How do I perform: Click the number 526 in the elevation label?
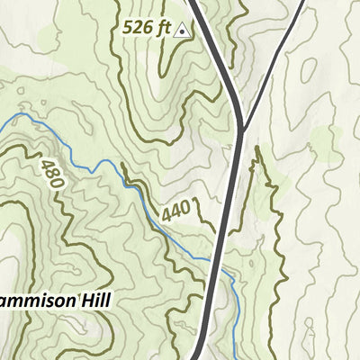pyautogui.click(x=139, y=29)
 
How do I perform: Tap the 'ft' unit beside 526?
pyautogui.click(x=164, y=28)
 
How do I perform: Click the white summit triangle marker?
pyautogui.click(x=183, y=30)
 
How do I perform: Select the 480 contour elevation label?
pyautogui.click(x=52, y=174)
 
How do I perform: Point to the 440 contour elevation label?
pyautogui.click(x=176, y=211)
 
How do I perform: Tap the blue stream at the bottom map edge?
pyautogui.click(x=235, y=356)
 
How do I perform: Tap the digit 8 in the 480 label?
pyautogui.click(x=52, y=174)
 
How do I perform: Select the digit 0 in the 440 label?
pyautogui.click(x=184, y=208)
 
